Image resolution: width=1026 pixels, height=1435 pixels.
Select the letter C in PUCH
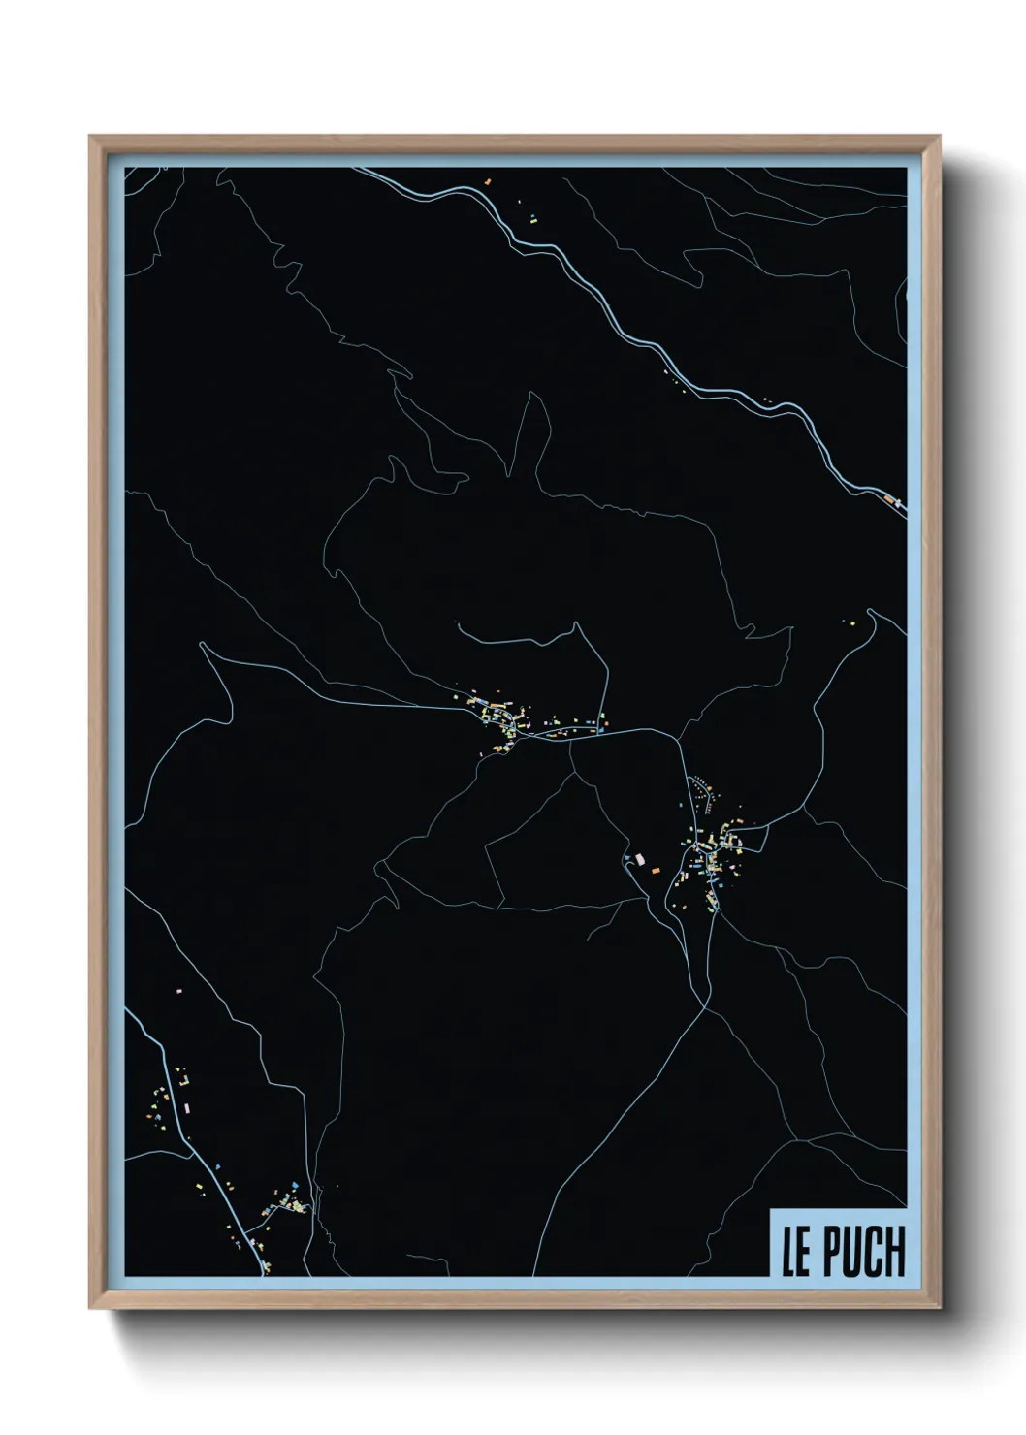pyautogui.click(x=872, y=1253)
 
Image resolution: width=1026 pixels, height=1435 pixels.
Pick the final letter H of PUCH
pyautogui.click(x=893, y=1253)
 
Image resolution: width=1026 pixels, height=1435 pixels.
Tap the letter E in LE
pyautogui.click(x=803, y=1253)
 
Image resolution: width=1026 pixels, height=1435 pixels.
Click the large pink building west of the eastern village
pyautogui.click(x=638, y=857)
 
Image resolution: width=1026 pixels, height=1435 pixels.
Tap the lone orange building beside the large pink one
pyautogui.click(x=656, y=873)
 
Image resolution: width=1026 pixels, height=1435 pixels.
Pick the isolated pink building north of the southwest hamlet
pyautogui.click(x=178, y=991)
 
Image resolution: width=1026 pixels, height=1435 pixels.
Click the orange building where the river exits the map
pyautogui.click(x=888, y=498)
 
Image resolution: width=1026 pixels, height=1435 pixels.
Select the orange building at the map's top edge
pyautogui.click(x=489, y=180)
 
